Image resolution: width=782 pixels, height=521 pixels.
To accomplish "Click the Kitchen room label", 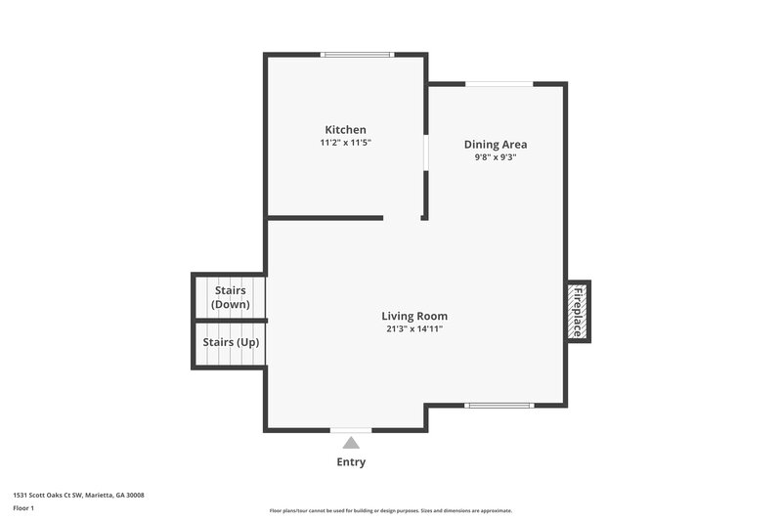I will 345,130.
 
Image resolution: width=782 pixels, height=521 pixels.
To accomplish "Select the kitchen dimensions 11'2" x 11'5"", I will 345,143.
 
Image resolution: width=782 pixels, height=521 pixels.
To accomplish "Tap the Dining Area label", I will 495,145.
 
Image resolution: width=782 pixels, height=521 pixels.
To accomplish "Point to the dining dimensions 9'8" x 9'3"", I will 495,156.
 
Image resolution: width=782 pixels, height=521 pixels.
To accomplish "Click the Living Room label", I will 414,316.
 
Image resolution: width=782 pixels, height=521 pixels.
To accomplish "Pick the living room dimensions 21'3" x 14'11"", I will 414,328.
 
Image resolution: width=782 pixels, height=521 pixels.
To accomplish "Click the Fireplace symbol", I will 578,311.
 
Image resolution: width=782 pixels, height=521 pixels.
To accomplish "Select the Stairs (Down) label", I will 230,297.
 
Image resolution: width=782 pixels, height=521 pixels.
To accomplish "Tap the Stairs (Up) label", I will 230,342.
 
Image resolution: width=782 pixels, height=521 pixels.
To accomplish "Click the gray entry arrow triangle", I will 351,443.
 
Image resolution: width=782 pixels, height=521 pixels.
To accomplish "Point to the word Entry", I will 351,462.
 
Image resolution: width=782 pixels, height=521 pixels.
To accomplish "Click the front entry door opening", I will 351,429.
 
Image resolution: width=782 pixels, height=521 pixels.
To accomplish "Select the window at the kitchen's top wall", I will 358,55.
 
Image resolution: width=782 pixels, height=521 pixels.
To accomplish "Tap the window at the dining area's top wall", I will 499,85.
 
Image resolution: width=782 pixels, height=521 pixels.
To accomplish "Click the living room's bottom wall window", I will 499,405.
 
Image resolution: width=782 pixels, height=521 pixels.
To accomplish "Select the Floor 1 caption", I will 23,508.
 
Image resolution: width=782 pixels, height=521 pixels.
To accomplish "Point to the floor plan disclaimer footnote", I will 390,510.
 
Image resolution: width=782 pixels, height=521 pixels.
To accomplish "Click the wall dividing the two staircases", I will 230,320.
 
